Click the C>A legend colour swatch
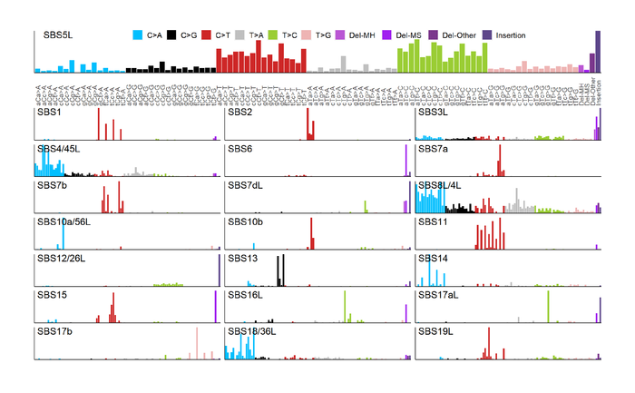[x=137, y=35]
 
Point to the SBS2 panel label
[x=239, y=113]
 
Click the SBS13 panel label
[x=242, y=259]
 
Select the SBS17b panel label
[x=54, y=331]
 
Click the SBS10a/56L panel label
[x=67, y=221]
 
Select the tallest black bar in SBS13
[x=284, y=270]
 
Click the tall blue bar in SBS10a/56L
[x=63, y=233]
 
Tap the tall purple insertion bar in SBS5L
[x=598, y=51]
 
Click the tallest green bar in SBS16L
[x=346, y=306]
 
